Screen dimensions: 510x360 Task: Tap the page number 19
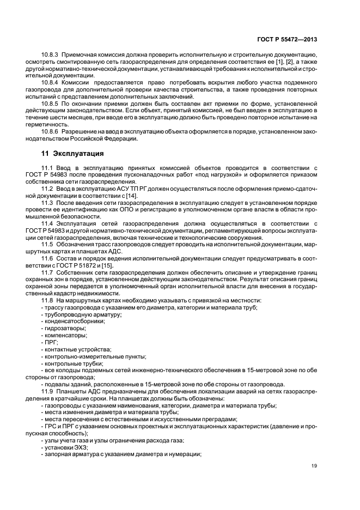[314, 465]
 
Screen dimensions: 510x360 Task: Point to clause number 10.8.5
[51, 102]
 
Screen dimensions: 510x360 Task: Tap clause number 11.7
[47, 271]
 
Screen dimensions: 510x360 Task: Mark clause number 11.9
[47, 391]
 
